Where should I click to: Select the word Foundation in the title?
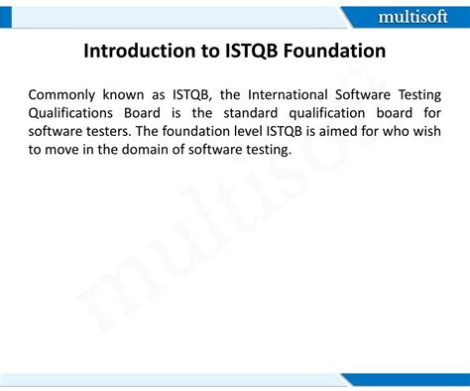(331, 51)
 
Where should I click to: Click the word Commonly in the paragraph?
(64, 94)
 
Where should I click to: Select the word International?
(285, 94)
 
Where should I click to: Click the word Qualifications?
(71, 112)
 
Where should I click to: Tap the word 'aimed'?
(339, 131)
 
